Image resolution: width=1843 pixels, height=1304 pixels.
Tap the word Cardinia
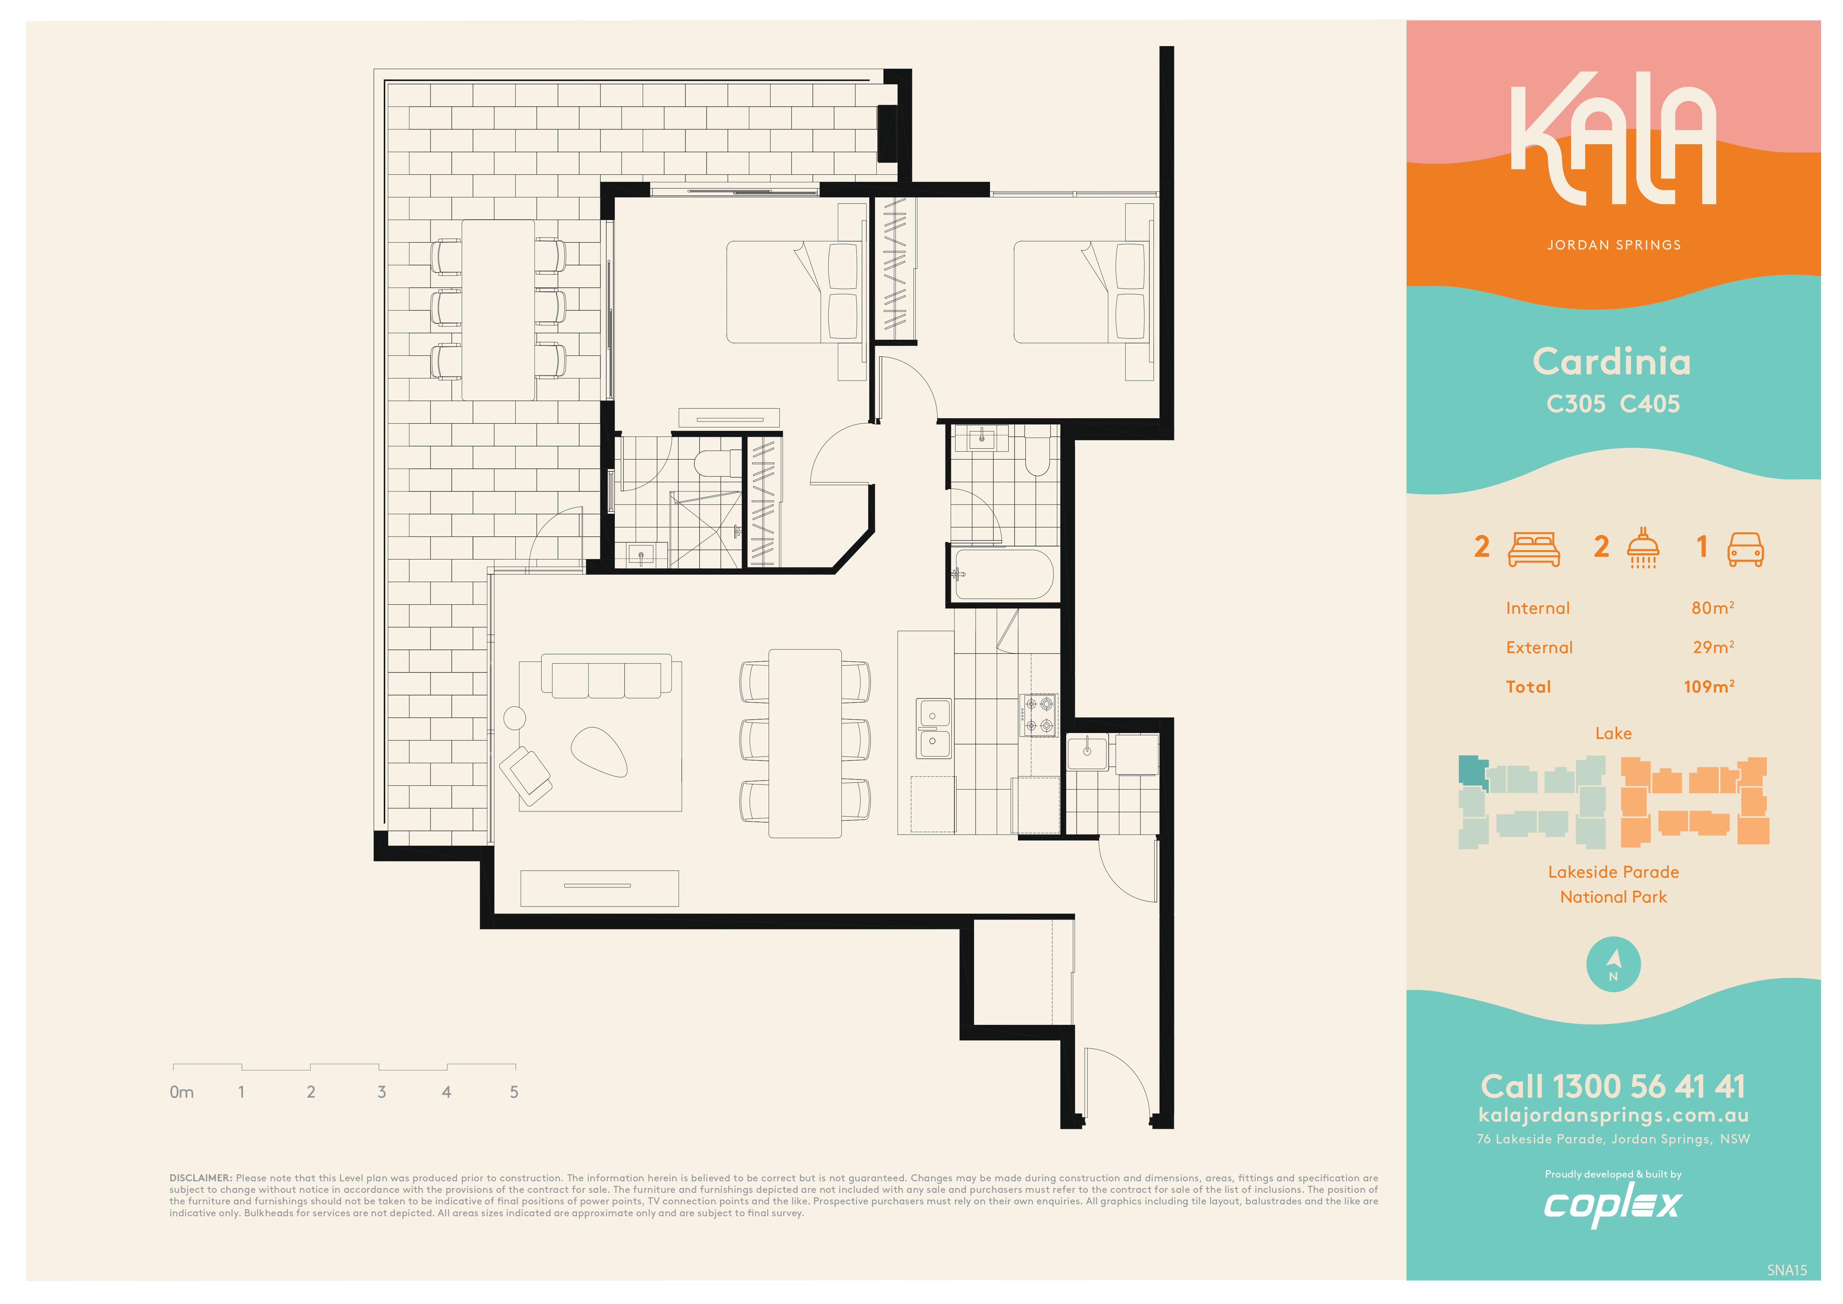1612,361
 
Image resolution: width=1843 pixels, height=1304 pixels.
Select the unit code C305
1576,404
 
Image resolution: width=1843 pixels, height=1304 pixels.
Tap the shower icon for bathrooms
1643,548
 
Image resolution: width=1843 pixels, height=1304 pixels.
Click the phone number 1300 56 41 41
1649,1087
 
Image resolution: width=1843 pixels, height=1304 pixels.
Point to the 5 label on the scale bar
514,1092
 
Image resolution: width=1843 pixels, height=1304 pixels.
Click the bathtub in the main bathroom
1003,574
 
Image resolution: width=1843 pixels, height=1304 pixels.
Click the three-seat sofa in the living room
606,676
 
